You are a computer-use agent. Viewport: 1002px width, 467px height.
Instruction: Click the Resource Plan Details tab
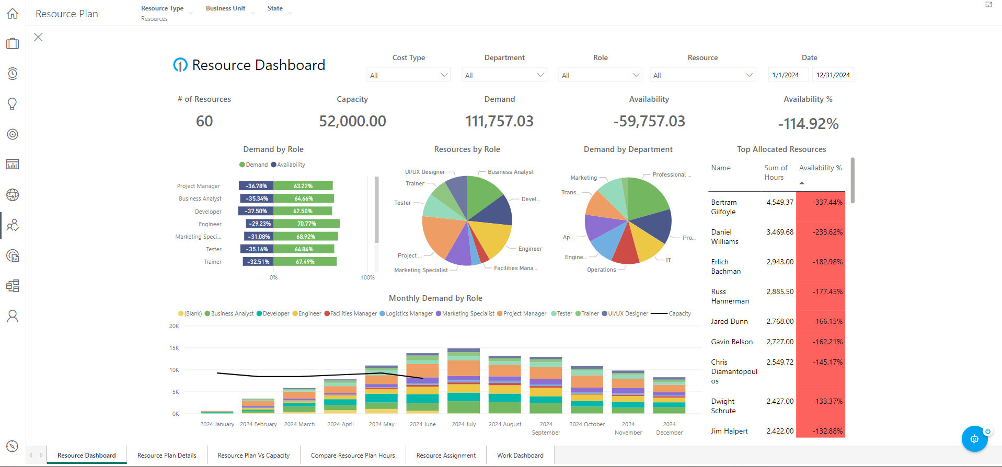pos(167,456)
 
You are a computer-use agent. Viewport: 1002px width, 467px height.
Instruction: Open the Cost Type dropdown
pos(408,75)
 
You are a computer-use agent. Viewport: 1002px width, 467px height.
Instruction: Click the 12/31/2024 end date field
pos(833,75)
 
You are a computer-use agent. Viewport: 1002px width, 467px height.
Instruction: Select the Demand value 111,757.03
pos(499,121)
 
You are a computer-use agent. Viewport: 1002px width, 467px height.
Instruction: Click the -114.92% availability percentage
pos(808,124)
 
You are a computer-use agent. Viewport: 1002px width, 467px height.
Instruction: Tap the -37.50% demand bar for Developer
pos(256,211)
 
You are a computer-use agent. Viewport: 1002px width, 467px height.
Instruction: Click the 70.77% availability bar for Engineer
pos(306,224)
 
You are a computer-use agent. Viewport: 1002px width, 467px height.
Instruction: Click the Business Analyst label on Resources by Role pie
pos(510,172)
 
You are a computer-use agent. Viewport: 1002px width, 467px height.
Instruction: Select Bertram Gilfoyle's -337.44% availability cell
pos(821,203)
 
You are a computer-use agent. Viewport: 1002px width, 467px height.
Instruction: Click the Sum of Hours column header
pos(775,172)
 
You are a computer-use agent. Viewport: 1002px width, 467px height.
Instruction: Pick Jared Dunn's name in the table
pos(729,322)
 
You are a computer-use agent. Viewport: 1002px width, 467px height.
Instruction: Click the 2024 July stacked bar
pos(464,381)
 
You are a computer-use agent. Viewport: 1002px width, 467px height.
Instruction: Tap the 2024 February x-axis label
pos(258,424)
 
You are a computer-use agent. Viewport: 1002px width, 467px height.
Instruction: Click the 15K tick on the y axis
pos(174,348)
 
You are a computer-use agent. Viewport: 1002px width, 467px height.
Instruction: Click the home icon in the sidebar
pos(13,14)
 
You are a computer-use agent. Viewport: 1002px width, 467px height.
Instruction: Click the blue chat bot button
pos(974,439)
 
